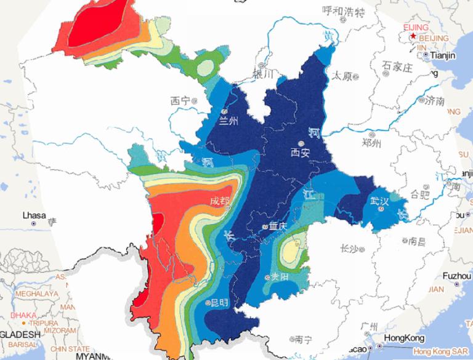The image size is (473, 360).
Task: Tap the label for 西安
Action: pyautogui.click(x=302, y=151)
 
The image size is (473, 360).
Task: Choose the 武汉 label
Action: pyautogui.click(x=379, y=200)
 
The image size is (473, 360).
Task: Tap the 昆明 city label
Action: pyautogui.click(x=219, y=303)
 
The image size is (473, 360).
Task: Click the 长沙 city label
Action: pyautogui.click(x=349, y=249)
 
